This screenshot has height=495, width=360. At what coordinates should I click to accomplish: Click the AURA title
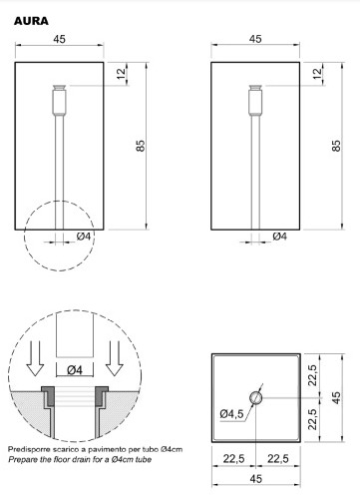31,21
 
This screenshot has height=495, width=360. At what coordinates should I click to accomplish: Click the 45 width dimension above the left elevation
60,39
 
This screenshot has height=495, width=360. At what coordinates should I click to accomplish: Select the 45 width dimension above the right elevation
255,39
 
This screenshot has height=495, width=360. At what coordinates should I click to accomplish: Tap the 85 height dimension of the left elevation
141,146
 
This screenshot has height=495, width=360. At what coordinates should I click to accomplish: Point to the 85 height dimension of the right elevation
336,146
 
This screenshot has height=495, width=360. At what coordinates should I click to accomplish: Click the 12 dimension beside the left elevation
122,73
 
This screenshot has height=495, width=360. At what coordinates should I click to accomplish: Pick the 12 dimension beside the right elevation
318,73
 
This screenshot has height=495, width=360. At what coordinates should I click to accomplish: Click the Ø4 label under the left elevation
84,237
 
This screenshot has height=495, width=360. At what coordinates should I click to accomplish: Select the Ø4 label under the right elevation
280,237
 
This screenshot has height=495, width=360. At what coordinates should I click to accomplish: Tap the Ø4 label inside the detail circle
75,370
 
